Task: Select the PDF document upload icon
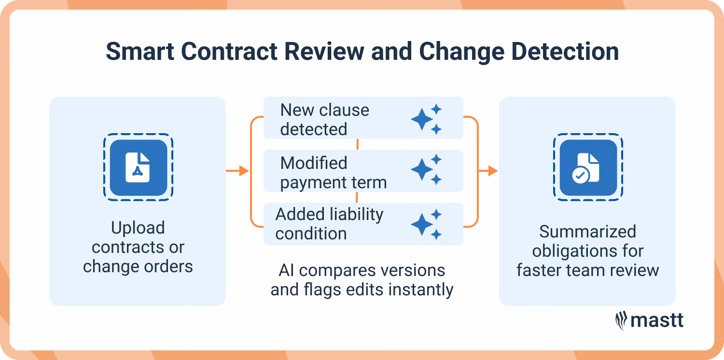138,167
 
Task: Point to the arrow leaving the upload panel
237,170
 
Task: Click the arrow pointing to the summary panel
487,170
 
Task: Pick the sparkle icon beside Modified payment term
426,169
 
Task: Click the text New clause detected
324,120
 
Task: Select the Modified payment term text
333,173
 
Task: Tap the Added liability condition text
329,224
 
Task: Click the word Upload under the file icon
138,228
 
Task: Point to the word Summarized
587,232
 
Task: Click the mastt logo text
658,320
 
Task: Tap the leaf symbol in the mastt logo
621,320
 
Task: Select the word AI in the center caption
286,270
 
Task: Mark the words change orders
138,266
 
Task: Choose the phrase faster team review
587,270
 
